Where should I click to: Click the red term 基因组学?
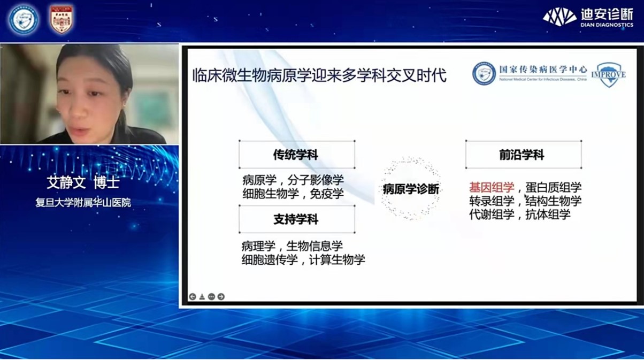(492, 187)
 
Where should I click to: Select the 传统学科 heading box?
(296, 155)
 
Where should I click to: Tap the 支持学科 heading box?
(296, 219)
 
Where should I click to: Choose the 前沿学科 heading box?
(523, 155)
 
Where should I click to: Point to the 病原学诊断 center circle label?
(411, 189)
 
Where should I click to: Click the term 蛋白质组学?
(553, 187)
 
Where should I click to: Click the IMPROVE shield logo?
(608, 74)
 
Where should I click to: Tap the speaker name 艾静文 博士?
(82, 182)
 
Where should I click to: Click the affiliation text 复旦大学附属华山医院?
(83, 203)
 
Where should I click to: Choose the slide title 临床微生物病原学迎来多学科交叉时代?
(319, 75)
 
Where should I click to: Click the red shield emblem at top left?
(62, 19)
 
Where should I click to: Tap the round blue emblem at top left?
(24, 19)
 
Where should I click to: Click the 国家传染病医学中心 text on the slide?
(542, 70)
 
